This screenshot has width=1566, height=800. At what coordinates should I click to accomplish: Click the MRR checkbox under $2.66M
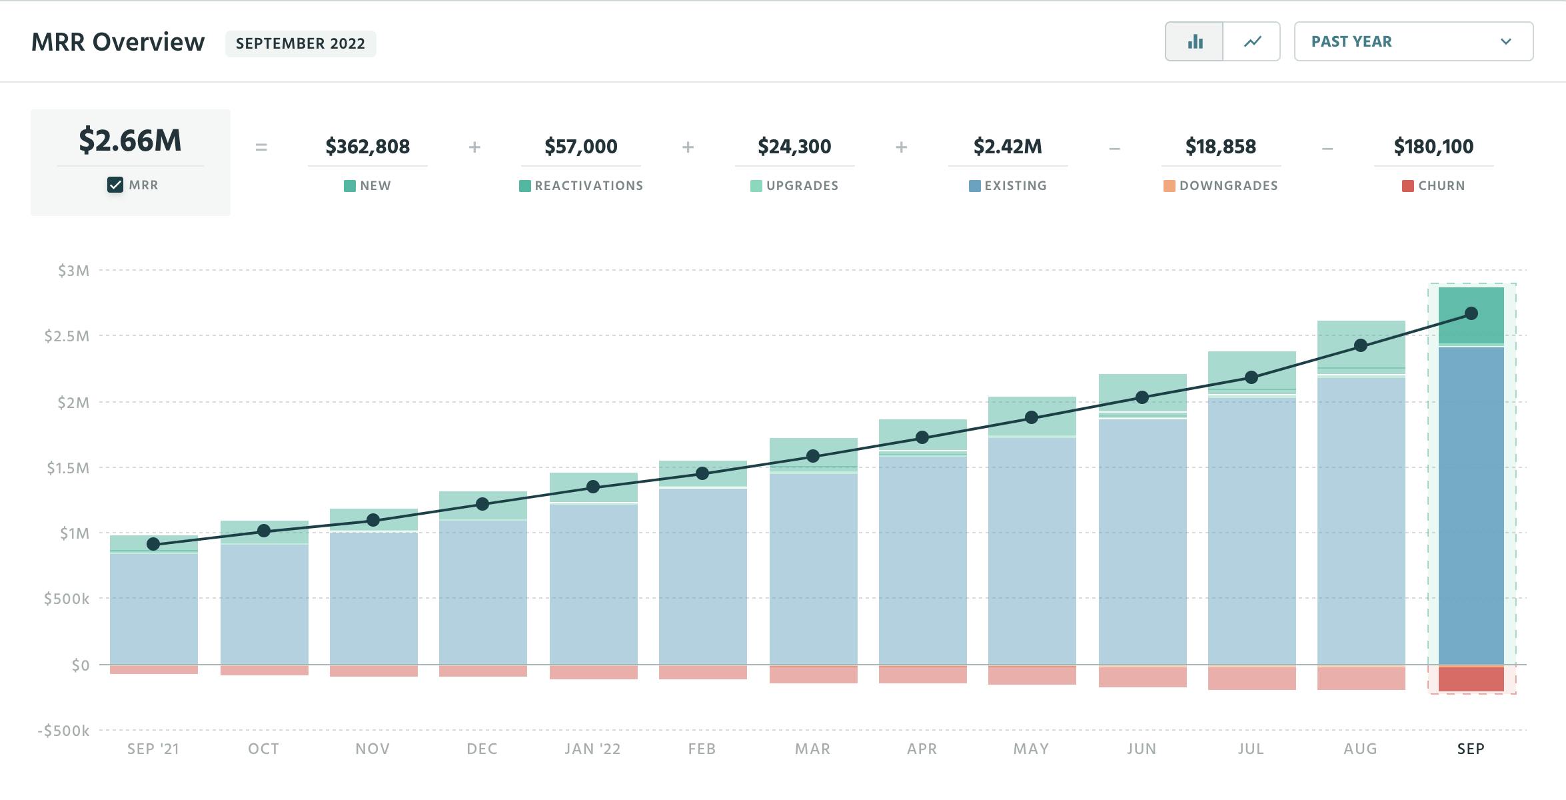pyautogui.click(x=115, y=185)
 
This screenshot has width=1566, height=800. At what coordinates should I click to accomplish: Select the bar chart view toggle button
pyautogui.click(x=1194, y=42)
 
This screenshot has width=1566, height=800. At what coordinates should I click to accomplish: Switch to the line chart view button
pyautogui.click(x=1252, y=42)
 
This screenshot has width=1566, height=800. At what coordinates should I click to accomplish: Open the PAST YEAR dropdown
pyautogui.click(x=1413, y=42)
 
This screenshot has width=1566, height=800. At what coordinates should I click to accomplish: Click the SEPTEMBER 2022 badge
pyautogui.click(x=301, y=44)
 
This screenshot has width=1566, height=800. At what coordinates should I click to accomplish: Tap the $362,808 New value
pyautogui.click(x=367, y=147)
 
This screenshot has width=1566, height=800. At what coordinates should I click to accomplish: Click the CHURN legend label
pyautogui.click(x=1441, y=186)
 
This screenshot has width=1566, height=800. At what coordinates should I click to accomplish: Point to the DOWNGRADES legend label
pyautogui.click(x=1228, y=186)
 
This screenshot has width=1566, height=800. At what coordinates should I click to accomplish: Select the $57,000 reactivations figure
pyautogui.click(x=580, y=147)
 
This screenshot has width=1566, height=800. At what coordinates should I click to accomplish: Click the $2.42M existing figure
pyautogui.click(x=1007, y=147)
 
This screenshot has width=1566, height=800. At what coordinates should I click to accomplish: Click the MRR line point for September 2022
pyautogui.click(x=1471, y=313)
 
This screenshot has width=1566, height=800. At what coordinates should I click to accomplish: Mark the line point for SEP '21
pyautogui.click(x=153, y=544)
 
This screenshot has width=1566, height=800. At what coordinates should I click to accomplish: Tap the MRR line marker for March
pyautogui.click(x=813, y=456)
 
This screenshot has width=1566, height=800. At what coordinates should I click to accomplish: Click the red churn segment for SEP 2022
pyautogui.click(x=1471, y=679)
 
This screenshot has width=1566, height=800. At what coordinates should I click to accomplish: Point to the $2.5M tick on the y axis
pyautogui.click(x=67, y=336)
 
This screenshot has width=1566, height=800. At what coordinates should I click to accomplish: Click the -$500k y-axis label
pyautogui.click(x=63, y=731)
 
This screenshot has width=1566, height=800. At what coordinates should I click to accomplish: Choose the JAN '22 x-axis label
pyautogui.click(x=592, y=749)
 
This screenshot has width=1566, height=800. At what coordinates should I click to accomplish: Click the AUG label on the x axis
pyautogui.click(x=1360, y=749)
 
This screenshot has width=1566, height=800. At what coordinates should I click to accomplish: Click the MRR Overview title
pyautogui.click(x=118, y=42)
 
